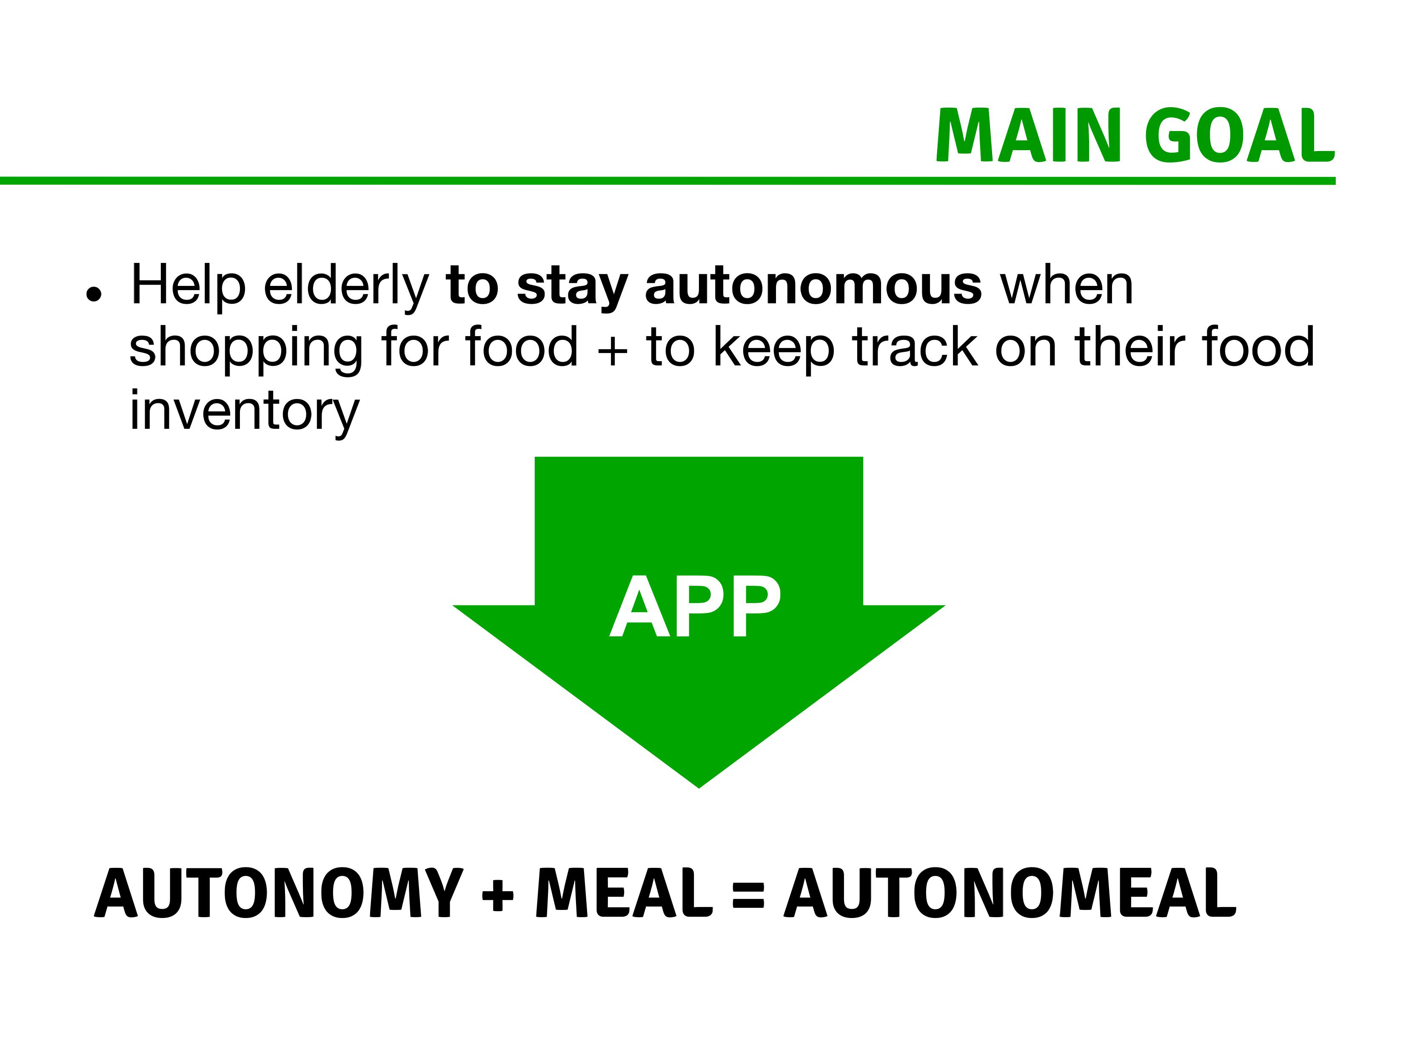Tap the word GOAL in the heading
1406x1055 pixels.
coord(1240,135)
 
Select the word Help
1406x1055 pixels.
coord(188,286)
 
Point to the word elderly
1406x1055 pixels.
coord(346,286)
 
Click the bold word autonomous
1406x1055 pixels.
coord(813,286)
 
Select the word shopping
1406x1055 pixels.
coord(245,348)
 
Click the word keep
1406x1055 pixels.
coord(773,348)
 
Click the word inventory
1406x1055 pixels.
coord(245,411)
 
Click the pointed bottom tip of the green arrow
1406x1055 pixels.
coord(699,788)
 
